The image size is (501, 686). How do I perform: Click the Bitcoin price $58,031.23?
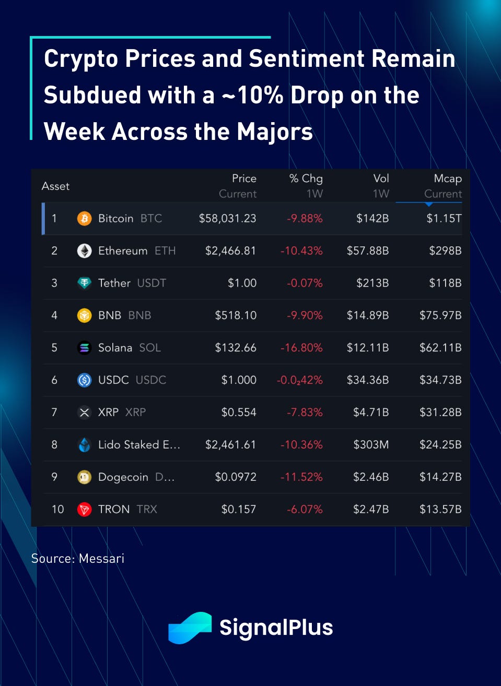pos(227,218)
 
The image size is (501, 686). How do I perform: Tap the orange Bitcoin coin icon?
pos(84,218)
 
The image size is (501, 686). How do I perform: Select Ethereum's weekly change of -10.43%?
pos(301,251)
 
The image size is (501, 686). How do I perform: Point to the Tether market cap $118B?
pos(445,283)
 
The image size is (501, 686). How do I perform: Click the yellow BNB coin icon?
pos(84,315)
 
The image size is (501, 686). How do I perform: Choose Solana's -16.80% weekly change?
pos(301,348)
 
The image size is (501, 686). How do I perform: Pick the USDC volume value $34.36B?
pos(368,380)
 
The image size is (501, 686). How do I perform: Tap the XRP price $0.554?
pos(239,412)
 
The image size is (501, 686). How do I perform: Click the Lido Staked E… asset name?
pos(139,445)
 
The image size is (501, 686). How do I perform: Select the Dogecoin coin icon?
pos(84,477)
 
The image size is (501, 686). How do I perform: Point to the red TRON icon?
pos(84,510)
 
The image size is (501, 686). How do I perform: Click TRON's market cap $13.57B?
pos(440,510)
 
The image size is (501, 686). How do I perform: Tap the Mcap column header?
pos(448,179)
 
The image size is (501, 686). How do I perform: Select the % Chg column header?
pos(306,179)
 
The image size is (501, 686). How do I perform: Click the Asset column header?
pos(55,186)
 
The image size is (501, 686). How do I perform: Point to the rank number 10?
pos(57,510)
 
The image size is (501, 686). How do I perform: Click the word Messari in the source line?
pos(101,559)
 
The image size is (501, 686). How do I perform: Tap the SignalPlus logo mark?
pos(190,628)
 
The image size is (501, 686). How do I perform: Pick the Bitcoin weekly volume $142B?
pos(372,218)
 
